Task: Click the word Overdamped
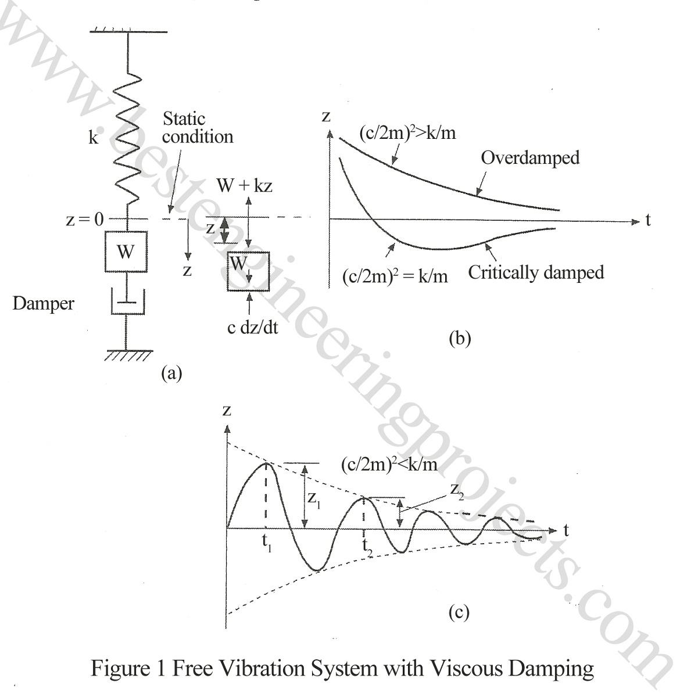click(x=531, y=157)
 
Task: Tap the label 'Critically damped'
click(x=536, y=272)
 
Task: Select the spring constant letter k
click(x=94, y=139)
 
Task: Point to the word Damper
click(x=43, y=303)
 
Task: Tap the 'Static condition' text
click(x=197, y=128)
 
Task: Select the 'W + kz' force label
click(x=244, y=186)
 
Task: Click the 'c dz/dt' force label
click(x=253, y=328)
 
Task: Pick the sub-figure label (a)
click(x=171, y=372)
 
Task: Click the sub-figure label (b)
click(x=459, y=338)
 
